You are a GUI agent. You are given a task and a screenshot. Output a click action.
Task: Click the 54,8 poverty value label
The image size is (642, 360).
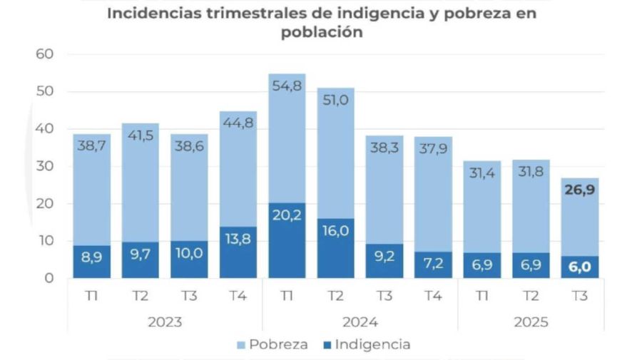[x=286, y=86]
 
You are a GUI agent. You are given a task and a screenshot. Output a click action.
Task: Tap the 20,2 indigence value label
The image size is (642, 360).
[x=286, y=215]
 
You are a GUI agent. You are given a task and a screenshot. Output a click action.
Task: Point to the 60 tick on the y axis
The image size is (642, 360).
[x=45, y=54]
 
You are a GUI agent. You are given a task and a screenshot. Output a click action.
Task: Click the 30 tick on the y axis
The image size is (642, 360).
[x=45, y=166]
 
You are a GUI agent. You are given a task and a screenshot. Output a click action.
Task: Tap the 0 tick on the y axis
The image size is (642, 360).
[x=49, y=278]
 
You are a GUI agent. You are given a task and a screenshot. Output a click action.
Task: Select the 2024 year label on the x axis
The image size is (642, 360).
[x=360, y=322]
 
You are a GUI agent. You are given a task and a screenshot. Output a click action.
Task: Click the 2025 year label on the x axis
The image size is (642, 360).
[x=531, y=322]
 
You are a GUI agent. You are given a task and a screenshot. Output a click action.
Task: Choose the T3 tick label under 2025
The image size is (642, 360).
[x=579, y=296]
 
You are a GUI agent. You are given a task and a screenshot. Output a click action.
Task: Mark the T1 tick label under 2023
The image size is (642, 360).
[x=91, y=296]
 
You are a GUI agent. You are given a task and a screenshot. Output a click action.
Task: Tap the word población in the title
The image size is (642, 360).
[x=321, y=32]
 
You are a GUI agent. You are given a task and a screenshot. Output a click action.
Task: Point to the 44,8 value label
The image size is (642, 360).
[x=238, y=123]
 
